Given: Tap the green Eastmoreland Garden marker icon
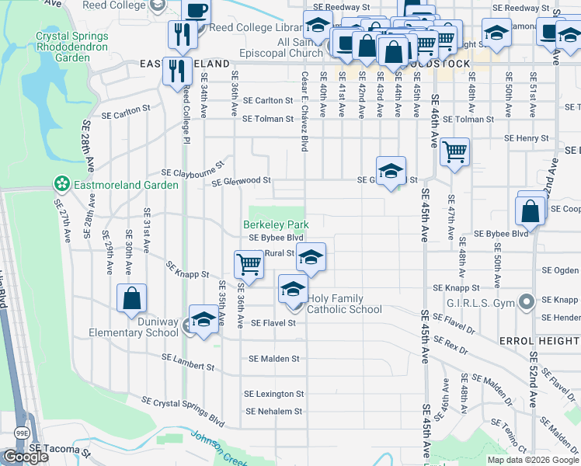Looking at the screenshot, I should coord(60,184).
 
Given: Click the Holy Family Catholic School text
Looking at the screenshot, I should coord(344,304).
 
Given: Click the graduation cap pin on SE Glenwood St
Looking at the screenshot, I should coord(391,169).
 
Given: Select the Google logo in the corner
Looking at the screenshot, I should coord(26,457).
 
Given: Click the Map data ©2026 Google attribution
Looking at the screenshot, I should coord(533,460).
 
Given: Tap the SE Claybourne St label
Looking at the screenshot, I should coord(193,169).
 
